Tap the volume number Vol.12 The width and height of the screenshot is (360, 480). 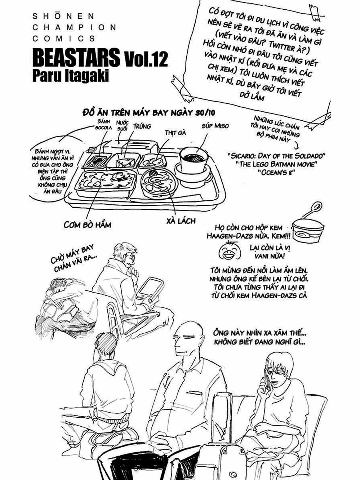(146, 59)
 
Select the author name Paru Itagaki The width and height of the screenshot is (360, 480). (71, 76)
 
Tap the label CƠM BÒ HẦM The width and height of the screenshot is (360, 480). (87, 225)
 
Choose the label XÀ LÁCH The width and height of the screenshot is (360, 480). (181, 221)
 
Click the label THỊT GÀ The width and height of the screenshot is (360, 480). (175, 133)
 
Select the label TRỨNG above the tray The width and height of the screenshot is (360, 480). (142, 126)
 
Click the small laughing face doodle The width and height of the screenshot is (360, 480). (230, 251)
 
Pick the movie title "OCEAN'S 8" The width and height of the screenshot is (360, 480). (276, 172)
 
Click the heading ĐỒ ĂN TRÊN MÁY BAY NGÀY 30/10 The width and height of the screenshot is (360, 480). (148, 112)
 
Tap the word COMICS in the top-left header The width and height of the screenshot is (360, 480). (64, 39)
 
